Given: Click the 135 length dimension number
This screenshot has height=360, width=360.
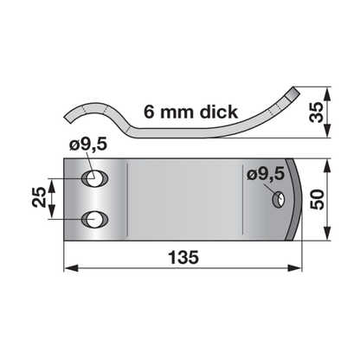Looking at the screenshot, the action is click(x=183, y=257).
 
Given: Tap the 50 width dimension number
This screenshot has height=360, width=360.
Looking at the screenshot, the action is click(x=317, y=199).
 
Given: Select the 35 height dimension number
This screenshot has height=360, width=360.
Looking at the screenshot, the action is click(x=316, y=112).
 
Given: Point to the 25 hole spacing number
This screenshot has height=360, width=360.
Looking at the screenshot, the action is click(x=39, y=197).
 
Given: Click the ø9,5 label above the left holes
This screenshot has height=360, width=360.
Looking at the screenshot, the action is click(x=88, y=144).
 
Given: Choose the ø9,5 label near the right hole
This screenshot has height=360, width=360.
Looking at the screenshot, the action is click(x=266, y=175).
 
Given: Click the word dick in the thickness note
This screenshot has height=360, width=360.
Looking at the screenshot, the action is click(x=219, y=112).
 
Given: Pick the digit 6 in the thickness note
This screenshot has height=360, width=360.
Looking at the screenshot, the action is click(x=150, y=112).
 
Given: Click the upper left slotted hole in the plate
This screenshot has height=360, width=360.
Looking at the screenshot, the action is click(x=94, y=179).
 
